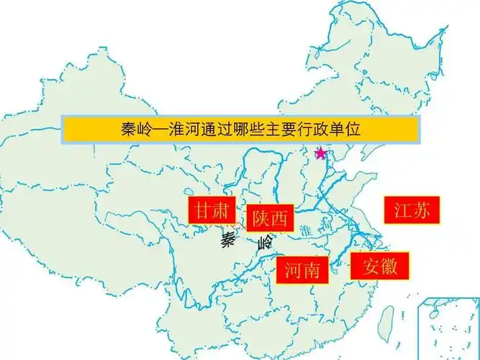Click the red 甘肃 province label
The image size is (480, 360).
pyautogui.click(x=212, y=210)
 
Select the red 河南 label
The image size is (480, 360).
pyautogui.click(x=302, y=271)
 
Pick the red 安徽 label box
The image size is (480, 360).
pyautogui.click(x=380, y=266)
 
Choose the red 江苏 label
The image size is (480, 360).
pyautogui.click(x=412, y=210)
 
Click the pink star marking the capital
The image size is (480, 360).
pyautogui.click(x=321, y=153)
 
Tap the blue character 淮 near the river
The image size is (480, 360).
pyautogui.click(x=307, y=232)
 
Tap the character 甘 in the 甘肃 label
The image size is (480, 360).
pyautogui.click(x=201, y=210)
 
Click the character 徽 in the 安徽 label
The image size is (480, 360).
pyautogui.click(x=392, y=266)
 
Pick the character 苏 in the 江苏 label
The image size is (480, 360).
pyautogui.click(x=422, y=210)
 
